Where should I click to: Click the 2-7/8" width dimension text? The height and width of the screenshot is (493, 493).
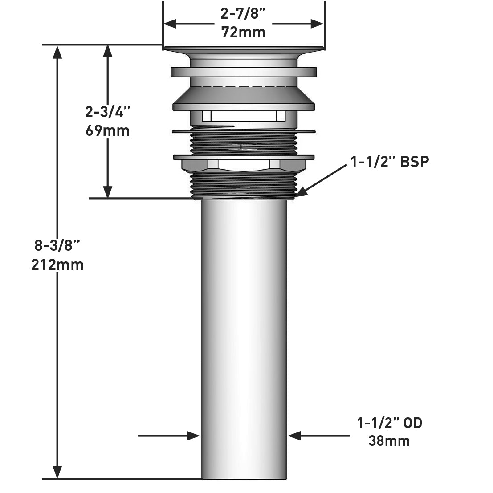[x=243, y=14]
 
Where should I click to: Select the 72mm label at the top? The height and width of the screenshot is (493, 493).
[x=243, y=33]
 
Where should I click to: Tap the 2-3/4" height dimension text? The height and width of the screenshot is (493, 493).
[x=107, y=112]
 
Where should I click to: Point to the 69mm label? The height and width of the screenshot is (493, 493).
[x=107, y=131]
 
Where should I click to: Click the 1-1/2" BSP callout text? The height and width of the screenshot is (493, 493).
[x=390, y=162]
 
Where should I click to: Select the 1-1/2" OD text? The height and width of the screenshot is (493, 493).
[x=389, y=422]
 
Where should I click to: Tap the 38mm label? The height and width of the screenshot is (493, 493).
[x=389, y=441]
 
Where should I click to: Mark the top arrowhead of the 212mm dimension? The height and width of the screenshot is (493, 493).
[x=57, y=52]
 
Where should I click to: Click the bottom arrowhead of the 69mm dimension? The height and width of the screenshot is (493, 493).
[x=107, y=191]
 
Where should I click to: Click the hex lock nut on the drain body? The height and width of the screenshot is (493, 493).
[x=244, y=165]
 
